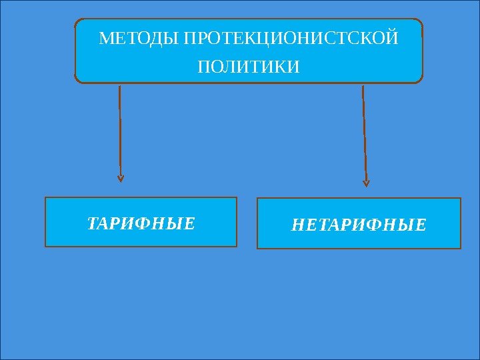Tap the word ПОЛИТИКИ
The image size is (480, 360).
coord(249,67)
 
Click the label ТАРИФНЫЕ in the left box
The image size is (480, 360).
coord(141,223)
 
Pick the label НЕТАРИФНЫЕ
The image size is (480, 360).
coord(359,225)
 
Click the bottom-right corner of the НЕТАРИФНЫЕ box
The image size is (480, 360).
coord(461,248)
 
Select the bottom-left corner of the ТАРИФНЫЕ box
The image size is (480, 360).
coord(45,247)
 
